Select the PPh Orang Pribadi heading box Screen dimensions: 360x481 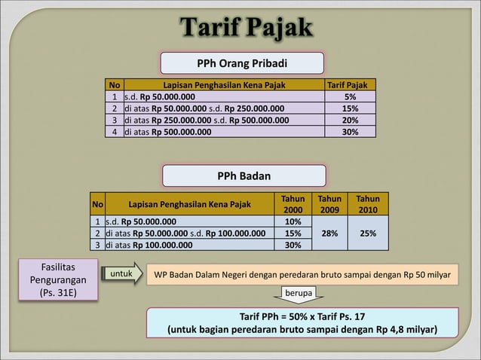tap(241, 63)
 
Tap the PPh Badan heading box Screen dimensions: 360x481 tap(244, 175)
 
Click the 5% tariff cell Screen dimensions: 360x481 tap(350, 97)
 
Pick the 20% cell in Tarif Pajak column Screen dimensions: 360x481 tap(350, 120)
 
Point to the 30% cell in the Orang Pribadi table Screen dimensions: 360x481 tap(350, 132)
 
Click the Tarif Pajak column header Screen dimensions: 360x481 tap(350, 85)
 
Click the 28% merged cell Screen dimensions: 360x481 tap(329, 233)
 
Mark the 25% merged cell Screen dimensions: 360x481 tap(369, 233)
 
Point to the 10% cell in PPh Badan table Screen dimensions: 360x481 tap(293, 222)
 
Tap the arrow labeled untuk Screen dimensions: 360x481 tap(121, 275)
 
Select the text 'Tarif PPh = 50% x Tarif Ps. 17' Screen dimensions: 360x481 tap(302, 316)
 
